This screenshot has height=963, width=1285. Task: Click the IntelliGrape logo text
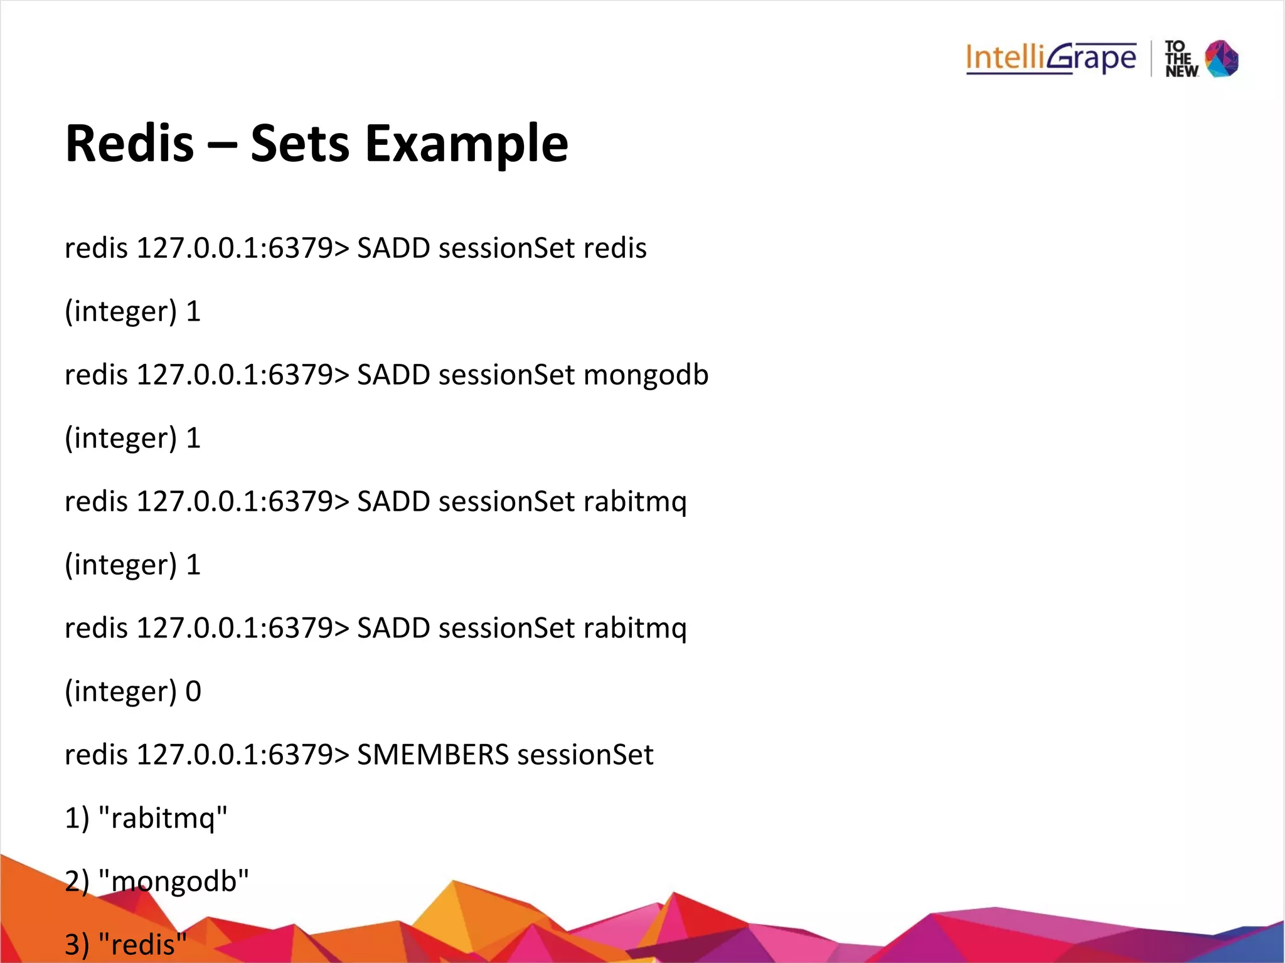pyautogui.click(x=1051, y=58)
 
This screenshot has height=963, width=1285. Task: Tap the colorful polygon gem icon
pyautogui.click(x=1222, y=58)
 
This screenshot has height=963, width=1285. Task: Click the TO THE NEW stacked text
pyautogui.click(x=1181, y=59)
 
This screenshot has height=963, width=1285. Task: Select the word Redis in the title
pyautogui.click(x=129, y=143)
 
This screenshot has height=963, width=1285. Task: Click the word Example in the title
pyautogui.click(x=467, y=144)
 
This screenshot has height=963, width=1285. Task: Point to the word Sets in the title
pyautogui.click(x=299, y=144)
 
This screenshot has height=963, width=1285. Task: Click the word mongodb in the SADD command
pyautogui.click(x=646, y=375)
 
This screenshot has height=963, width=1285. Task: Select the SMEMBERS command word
pyautogui.click(x=432, y=755)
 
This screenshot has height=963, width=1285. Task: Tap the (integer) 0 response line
pyautogui.click(x=132, y=691)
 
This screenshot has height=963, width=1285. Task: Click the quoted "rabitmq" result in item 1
pyautogui.click(x=164, y=818)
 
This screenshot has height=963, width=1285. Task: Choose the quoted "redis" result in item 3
pyautogui.click(x=143, y=944)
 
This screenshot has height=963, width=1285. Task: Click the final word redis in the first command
pyautogui.click(x=615, y=248)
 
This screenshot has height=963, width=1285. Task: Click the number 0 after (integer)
pyautogui.click(x=193, y=691)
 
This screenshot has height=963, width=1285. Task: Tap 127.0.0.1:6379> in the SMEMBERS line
pyautogui.click(x=242, y=755)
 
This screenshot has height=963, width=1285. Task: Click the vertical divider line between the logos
pyautogui.click(x=1151, y=58)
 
